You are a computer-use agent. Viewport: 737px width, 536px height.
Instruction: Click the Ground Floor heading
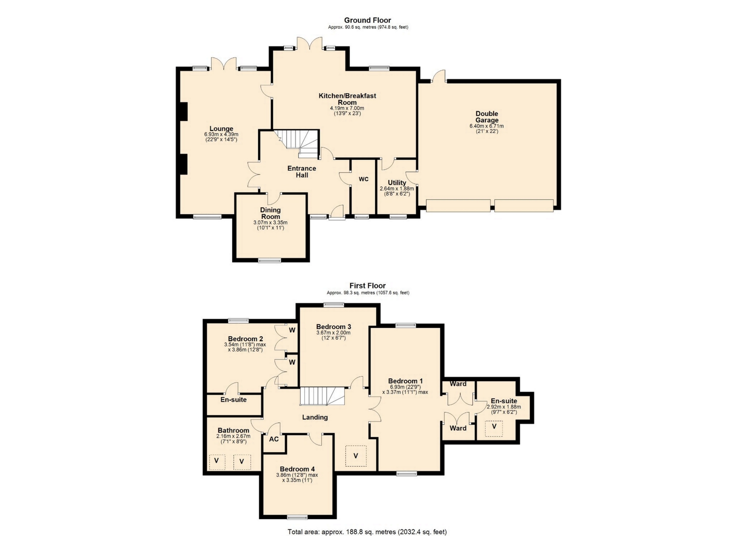[367, 20]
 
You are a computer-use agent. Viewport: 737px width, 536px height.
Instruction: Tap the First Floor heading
[367, 286]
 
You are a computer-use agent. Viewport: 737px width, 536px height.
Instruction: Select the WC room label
[364, 179]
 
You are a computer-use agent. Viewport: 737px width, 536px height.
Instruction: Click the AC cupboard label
[274, 439]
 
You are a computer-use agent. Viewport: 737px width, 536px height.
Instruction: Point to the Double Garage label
[487, 117]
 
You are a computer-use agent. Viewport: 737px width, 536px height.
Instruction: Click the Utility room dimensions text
[397, 191]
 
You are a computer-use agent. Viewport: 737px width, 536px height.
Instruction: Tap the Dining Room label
[270, 213]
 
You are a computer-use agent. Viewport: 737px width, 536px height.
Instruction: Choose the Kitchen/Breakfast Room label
[347, 99]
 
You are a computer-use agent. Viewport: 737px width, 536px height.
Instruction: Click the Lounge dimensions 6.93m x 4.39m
[221, 134]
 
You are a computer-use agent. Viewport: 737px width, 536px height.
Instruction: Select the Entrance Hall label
[302, 172]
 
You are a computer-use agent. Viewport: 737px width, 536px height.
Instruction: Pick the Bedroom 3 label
[333, 327]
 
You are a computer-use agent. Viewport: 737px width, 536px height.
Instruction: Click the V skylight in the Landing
[356, 456]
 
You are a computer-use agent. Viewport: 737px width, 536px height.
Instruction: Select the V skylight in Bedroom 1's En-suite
[494, 428]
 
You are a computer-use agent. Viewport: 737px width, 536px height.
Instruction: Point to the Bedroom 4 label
[297, 469]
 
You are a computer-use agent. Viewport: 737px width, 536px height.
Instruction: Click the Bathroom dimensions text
[233, 439]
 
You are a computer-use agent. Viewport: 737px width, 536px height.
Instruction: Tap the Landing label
[315, 417]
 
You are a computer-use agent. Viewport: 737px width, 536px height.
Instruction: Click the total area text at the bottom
[367, 532]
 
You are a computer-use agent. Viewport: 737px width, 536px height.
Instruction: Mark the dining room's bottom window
[269, 261]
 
